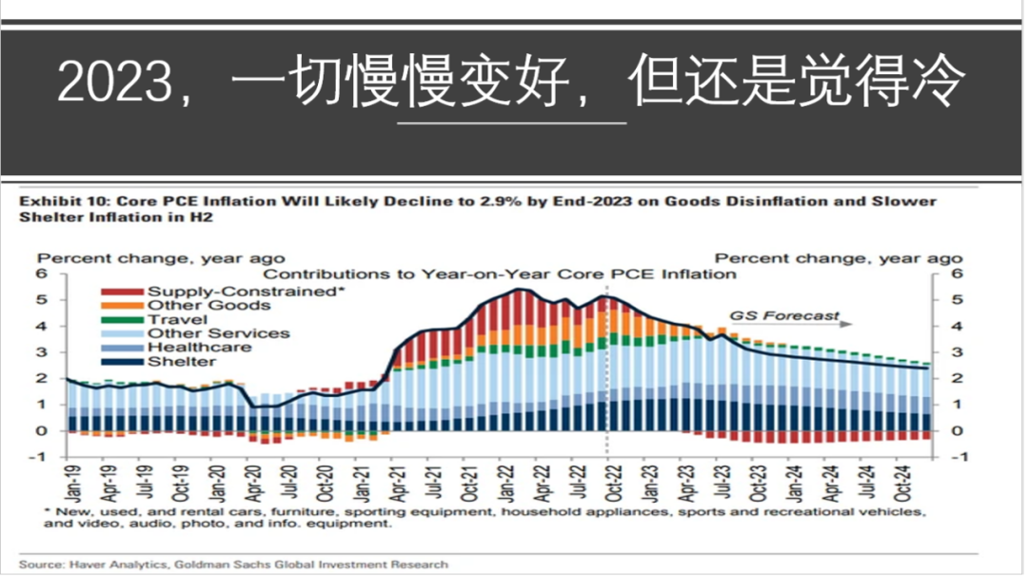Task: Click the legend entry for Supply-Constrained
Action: tap(244, 291)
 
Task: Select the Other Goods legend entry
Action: tap(208, 306)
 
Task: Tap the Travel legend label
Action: tap(177, 320)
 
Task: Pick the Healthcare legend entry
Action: tap(199, 348)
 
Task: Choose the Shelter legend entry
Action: tap(181, 362)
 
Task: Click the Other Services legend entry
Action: tap(218, 333)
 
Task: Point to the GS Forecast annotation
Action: tap(785, 315)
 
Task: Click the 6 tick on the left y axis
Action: tap(42, 274)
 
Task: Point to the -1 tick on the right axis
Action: tap(959, 456)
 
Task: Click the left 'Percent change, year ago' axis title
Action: tap(160, 258)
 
